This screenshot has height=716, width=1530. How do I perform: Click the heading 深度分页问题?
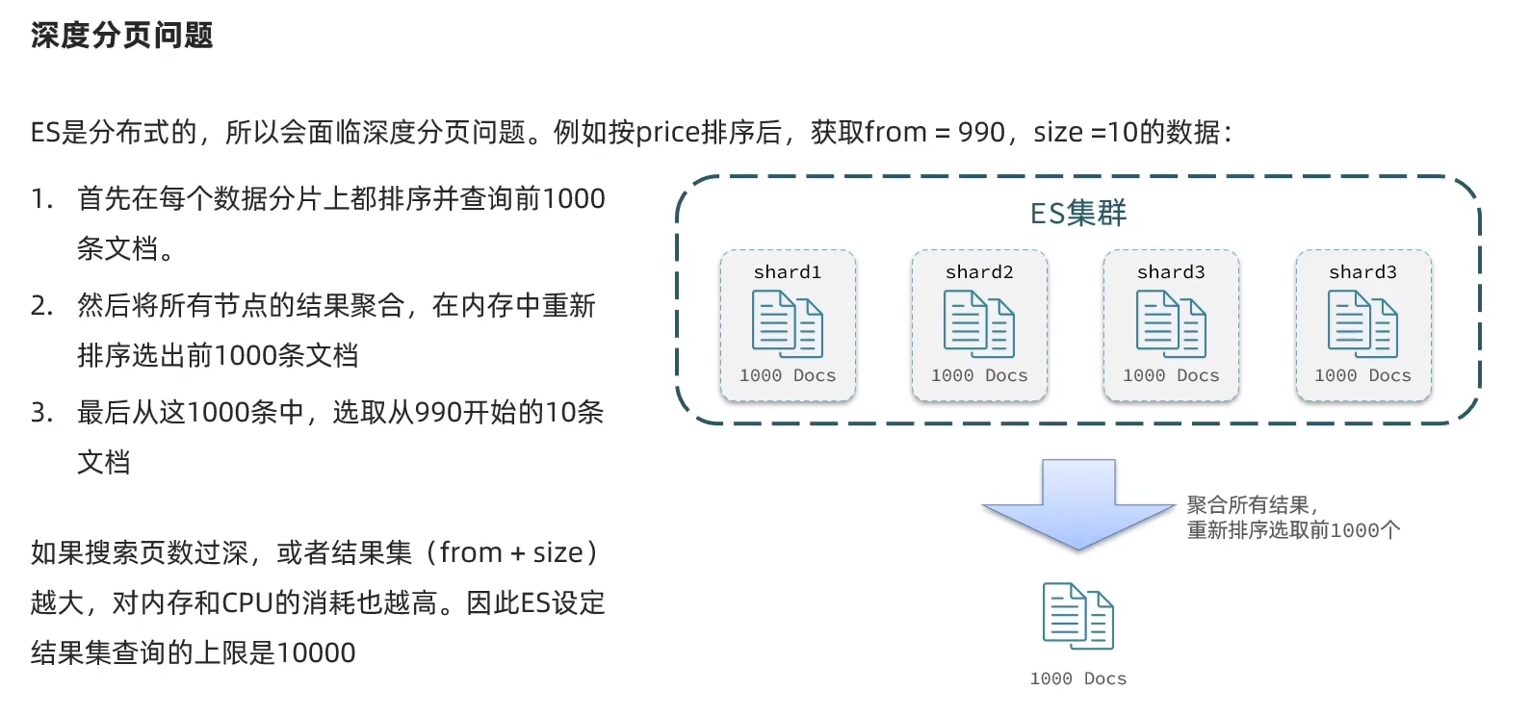click(121, 36)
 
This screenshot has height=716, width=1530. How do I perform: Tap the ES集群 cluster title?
click(1077, 213)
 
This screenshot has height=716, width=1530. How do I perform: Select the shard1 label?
click(788, 272)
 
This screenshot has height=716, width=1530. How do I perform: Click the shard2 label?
click(979, 272)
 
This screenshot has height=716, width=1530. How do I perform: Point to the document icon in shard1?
click(788, 324)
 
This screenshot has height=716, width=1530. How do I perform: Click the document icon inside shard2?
click(979, 324)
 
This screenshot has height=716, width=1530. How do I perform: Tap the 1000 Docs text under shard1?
click(788, 375)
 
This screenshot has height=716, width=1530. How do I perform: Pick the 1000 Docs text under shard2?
click(979, 375)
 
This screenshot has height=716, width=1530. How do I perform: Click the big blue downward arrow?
click(1078, 504)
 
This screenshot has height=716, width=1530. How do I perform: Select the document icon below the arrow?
click(1078, 616)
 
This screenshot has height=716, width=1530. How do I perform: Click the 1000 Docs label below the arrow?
click(1078, 678)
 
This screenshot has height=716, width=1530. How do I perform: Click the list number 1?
click(40, 199)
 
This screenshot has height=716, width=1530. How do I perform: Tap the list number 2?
click(40, 306)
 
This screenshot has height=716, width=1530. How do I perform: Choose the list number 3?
click(40, 413)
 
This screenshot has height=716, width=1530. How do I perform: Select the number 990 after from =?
click(981, 132)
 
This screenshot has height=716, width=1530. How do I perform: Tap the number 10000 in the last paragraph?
click(316, 653)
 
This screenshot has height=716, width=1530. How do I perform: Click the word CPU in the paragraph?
click(247, 603)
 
